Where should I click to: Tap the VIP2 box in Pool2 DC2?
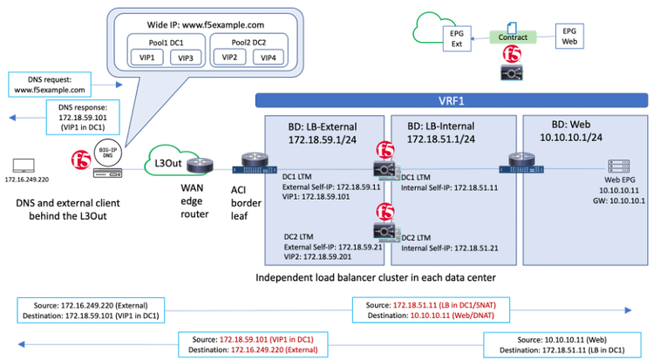coord(230,58)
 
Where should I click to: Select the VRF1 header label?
coord(451,100)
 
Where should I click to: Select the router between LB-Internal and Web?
coord(518,161)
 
